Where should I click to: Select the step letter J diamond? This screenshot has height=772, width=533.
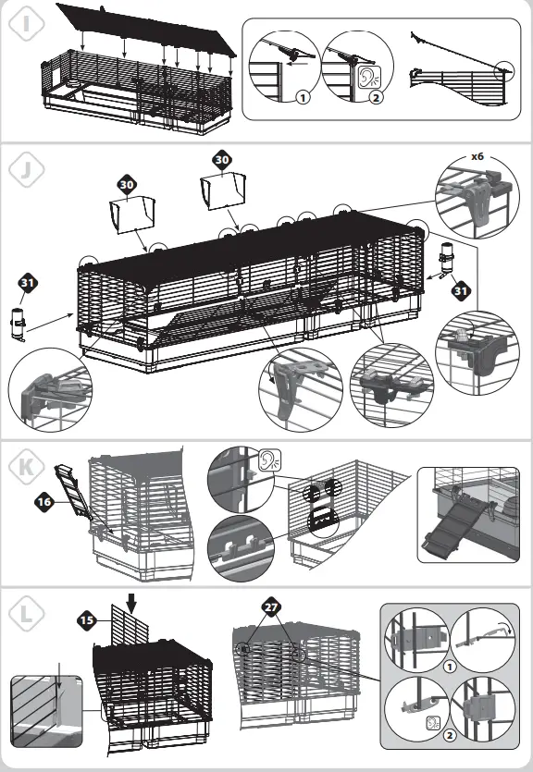(25, 169)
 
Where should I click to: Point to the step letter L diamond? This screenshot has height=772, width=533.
(25, 613)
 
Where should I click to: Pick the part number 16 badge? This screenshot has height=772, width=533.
(43, 501)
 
